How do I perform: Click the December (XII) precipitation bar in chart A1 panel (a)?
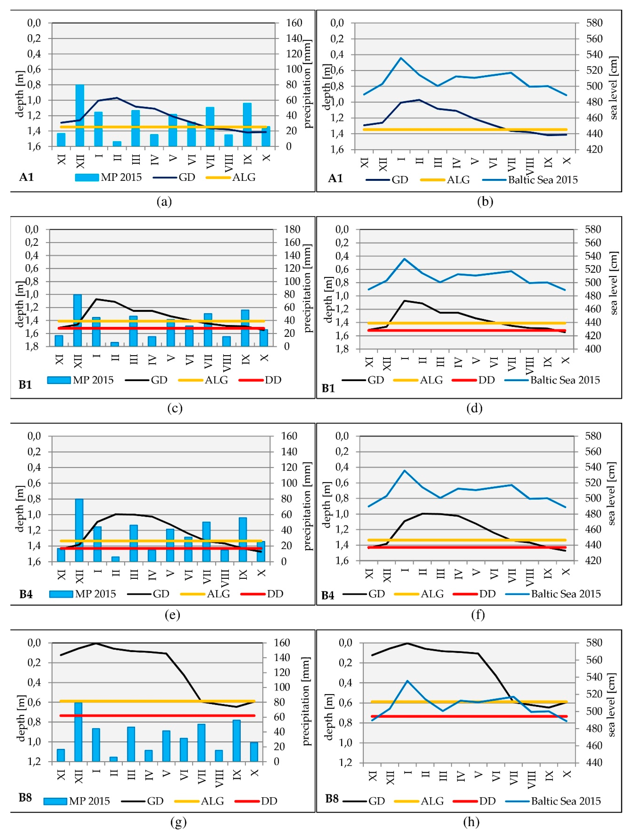80,115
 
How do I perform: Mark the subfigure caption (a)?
164,202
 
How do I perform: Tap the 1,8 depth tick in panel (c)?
32,346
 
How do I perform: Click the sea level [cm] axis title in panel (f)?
612,494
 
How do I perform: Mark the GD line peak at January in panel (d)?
404,300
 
